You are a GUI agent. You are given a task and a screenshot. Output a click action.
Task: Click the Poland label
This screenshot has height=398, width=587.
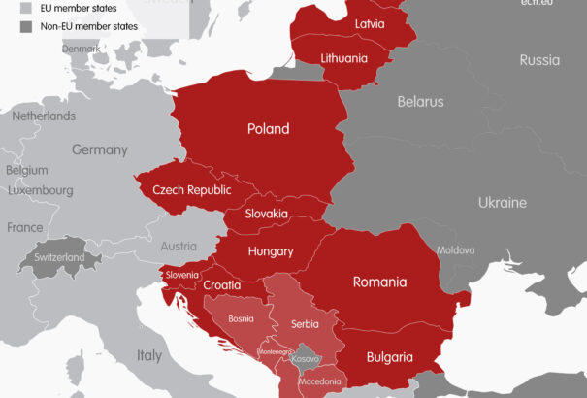269,128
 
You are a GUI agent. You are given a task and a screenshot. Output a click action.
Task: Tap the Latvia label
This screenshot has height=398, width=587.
370,23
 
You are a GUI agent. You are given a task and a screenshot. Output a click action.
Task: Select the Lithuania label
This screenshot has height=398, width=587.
344,58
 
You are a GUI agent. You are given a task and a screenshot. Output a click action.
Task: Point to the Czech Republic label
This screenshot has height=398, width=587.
191,189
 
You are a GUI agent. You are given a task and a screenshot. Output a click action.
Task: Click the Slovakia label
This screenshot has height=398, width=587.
266,214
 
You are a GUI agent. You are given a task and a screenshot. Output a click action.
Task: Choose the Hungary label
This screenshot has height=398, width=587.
271,251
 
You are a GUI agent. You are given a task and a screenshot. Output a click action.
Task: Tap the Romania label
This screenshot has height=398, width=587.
379,282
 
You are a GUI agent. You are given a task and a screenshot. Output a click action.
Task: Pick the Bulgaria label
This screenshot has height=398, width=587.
390,357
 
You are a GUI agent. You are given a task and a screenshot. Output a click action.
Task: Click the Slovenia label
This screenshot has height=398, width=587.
181,275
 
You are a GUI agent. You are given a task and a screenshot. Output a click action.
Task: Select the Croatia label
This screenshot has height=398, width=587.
222,285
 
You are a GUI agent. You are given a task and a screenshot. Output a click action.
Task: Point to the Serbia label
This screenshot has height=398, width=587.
305,323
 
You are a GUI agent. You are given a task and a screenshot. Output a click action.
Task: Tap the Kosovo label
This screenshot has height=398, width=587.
306,358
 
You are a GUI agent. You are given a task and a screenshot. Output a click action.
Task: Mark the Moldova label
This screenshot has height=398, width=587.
456,249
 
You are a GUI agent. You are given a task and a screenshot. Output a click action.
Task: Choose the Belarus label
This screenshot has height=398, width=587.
420,101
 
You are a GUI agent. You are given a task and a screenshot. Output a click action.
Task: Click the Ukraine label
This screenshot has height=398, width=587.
502,203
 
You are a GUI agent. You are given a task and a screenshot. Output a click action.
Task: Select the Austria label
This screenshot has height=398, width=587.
178,246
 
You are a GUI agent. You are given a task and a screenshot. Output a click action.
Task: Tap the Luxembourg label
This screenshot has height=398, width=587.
41,191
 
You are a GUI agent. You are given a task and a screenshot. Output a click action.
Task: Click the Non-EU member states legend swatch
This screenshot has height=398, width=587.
26,26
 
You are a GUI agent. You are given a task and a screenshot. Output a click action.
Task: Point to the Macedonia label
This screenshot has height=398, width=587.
319,381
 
